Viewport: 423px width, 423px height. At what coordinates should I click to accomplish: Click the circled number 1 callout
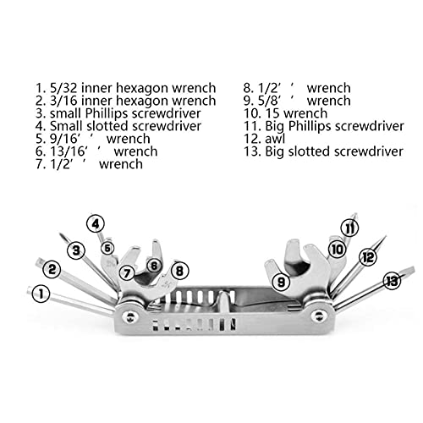coord(41,294)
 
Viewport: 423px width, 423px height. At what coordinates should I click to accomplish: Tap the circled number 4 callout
coord(96,224)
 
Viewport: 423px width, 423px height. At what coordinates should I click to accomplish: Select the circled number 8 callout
coord(179,271)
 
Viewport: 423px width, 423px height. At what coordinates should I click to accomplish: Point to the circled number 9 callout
coord(281,282)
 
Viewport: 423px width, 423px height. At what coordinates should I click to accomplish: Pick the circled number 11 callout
coord(349,228)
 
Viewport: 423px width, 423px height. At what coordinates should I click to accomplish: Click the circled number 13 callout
coord(392,281)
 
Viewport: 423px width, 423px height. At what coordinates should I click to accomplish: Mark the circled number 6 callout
coord(154,266)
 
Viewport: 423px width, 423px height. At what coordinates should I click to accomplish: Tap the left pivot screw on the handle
coord(129,317)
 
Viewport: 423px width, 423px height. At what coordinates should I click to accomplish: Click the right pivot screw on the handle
coord(319,316)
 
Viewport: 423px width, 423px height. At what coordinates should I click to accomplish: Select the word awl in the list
coord(275,139)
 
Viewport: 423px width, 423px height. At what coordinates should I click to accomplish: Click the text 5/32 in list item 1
coord(63,88)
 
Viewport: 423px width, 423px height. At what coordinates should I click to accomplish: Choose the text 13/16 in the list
coord(68,151)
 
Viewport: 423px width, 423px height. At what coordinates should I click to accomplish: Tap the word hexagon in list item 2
coord(142,102)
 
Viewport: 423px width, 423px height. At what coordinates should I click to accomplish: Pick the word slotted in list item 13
coord(310,151)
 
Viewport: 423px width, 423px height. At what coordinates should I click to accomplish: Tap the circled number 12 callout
coord(368,257)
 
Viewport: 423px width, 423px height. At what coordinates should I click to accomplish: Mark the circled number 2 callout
coord(52,269)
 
